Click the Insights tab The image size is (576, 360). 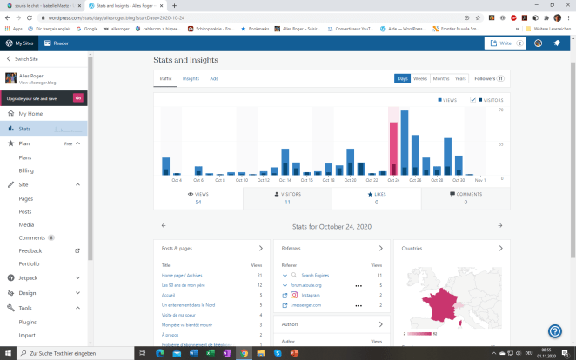[x=191, y=78]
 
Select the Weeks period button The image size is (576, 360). [x=420, y=78]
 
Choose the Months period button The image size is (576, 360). [x=441, y=78]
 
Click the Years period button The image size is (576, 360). [x=460, y=78]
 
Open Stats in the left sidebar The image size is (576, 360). [x=25, y=128]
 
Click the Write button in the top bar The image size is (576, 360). [x=506, y=43]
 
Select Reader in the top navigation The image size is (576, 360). [x=57, y=43]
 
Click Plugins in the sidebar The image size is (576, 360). [x=28, y=321]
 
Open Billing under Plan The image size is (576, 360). [x=26, y=171]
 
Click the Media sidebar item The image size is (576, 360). [x=26, y=224]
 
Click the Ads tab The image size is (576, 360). [x=214, y=78]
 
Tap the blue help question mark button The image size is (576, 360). [x=554, y=331]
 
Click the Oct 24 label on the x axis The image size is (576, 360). [x=393, y=180]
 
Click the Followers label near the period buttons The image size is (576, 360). [x=484, y=78]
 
